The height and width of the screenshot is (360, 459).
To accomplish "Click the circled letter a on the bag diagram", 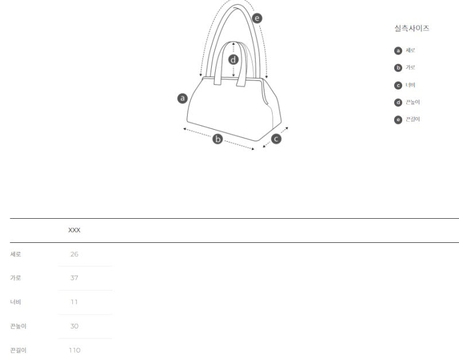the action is (x=182, y=98).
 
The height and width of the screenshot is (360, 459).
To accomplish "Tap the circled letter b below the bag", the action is (x=217, y=139).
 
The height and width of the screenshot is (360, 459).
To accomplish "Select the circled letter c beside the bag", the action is (x=276, y=139).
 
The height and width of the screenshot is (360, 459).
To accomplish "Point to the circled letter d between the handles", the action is (x=234, y=60).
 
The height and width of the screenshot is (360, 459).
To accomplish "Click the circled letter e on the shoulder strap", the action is (x=257, y=18).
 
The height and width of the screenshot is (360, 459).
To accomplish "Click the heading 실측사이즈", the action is (x=411, y=28).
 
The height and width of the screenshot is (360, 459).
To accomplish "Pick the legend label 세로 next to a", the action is (x=410, y=51).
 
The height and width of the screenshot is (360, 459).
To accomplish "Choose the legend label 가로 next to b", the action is (x=410, y=67).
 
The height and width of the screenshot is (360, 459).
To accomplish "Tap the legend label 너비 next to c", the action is (x=410, y=85).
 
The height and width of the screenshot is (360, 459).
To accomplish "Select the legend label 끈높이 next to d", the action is (x=413, y=102).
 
